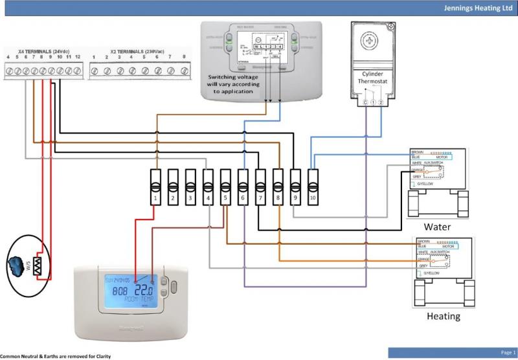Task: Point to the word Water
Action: (437, 227)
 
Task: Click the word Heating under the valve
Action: (444, 317)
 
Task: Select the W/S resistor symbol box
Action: (38, 265)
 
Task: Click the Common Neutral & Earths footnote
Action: (51, 356)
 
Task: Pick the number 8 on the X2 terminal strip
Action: (183, 58)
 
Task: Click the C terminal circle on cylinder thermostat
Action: (365, 102)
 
